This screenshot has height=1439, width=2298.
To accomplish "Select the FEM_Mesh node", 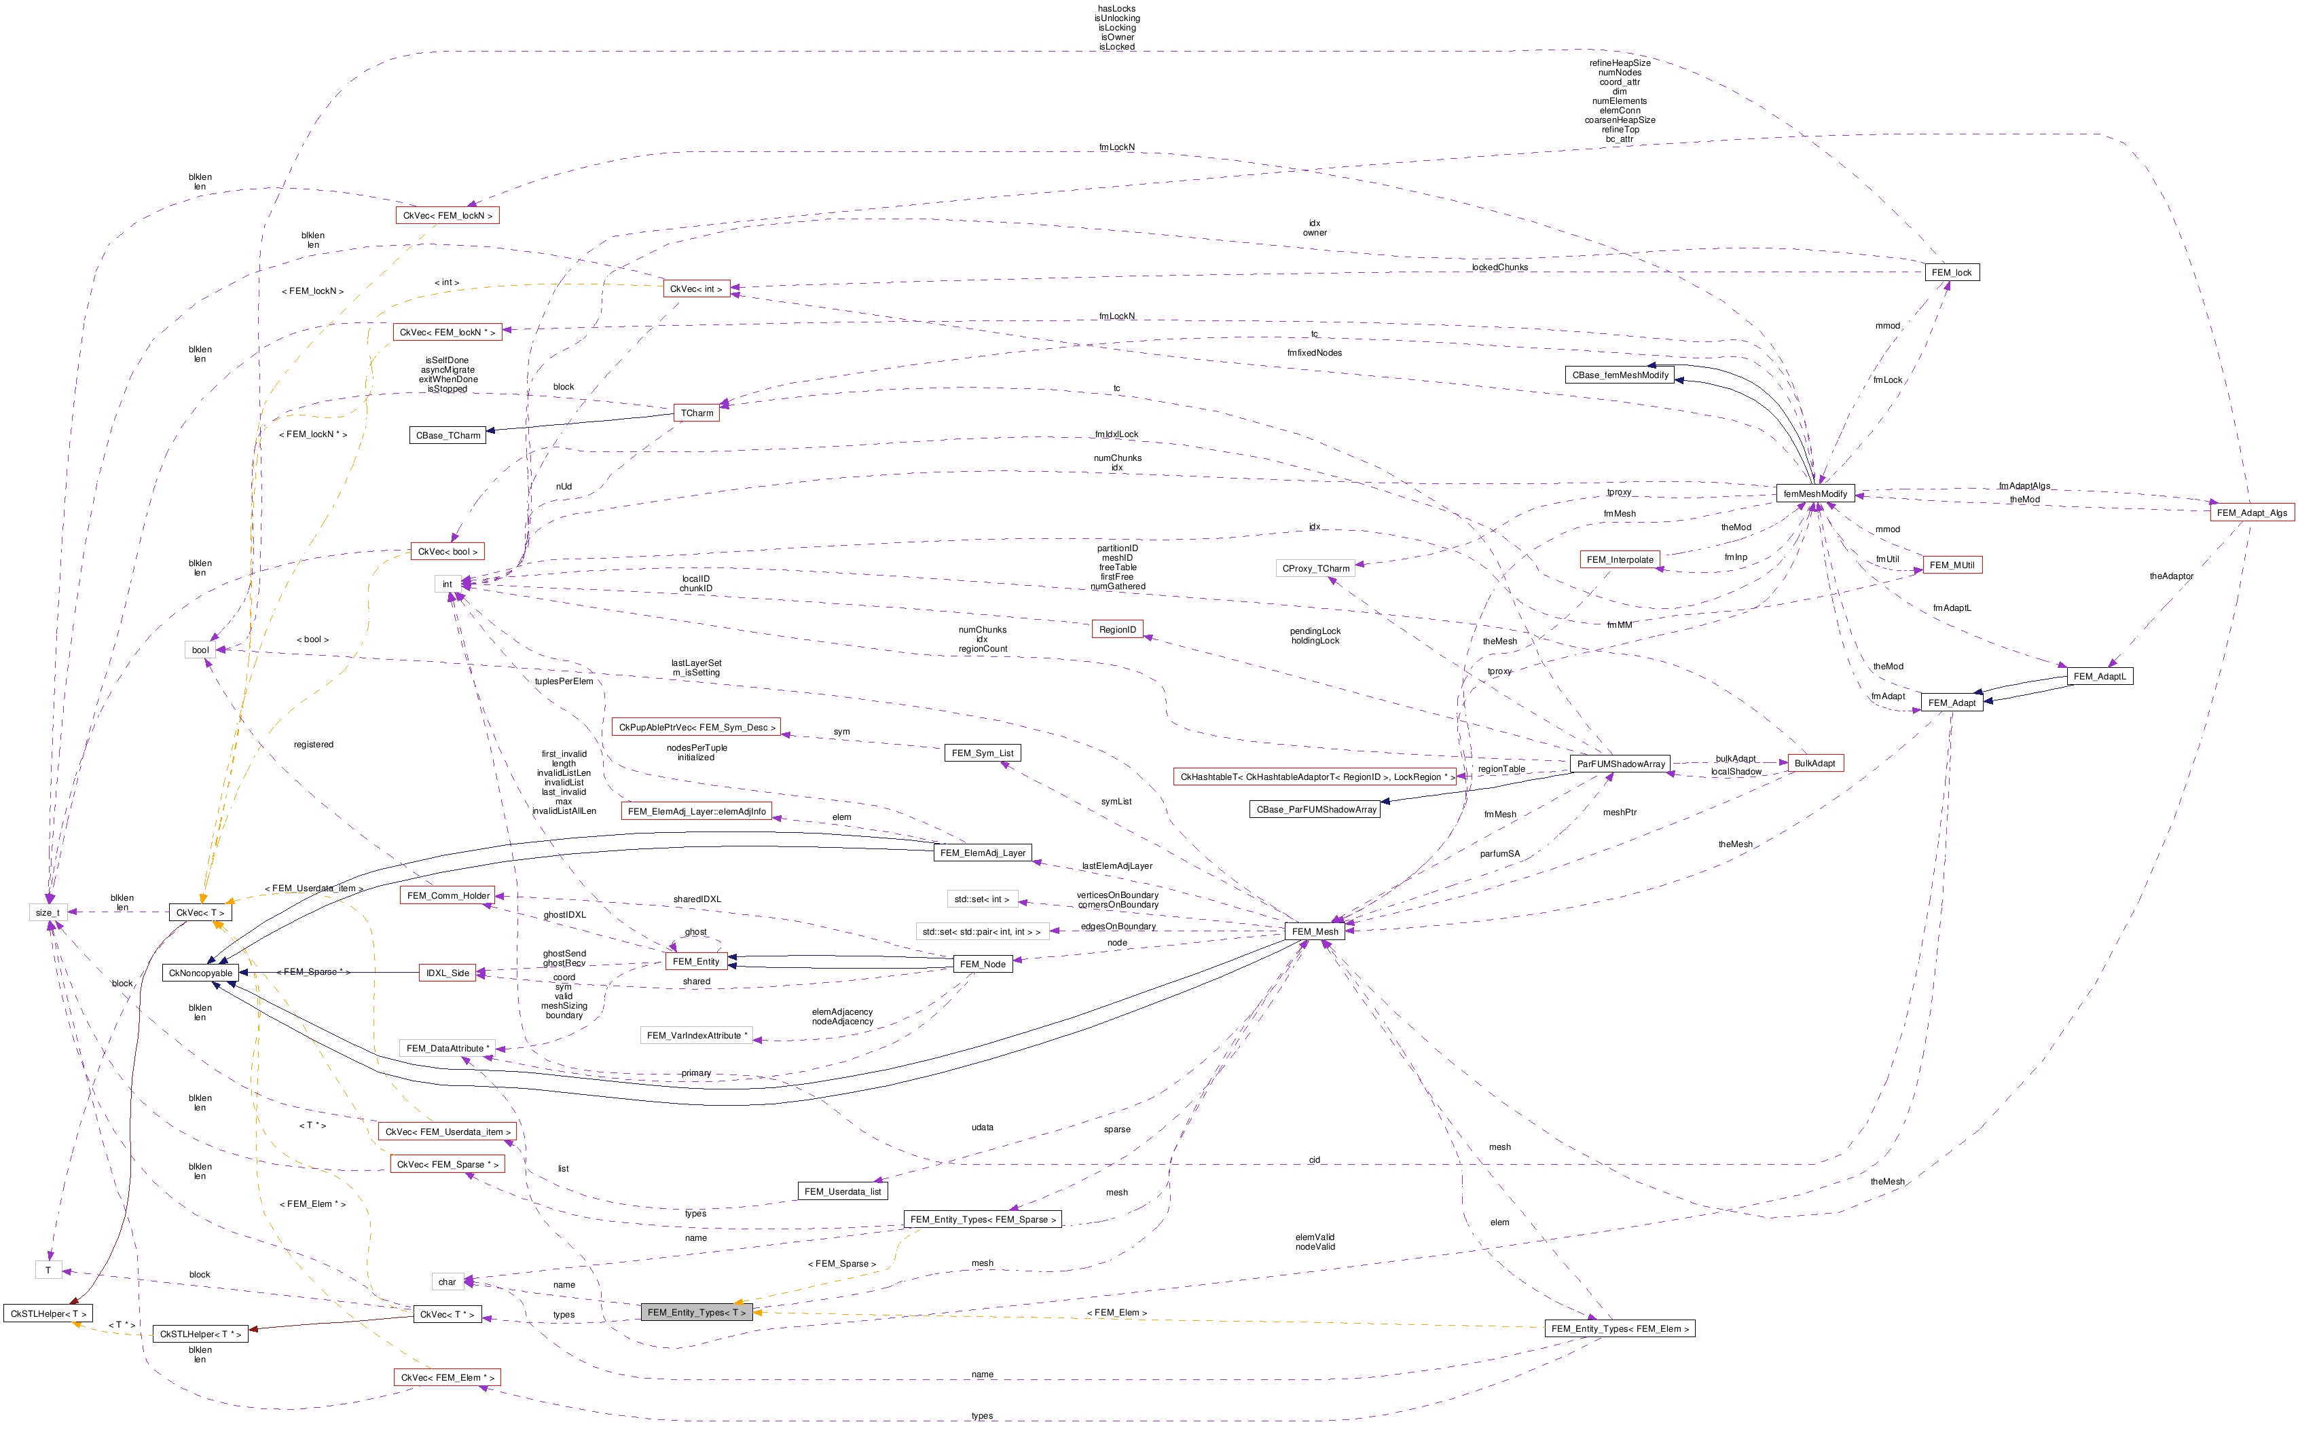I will pos(1315,932).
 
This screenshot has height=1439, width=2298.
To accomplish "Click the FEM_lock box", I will pos(1952,272).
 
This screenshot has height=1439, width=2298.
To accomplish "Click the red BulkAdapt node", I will pos(1814,763).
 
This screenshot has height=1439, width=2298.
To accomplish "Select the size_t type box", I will pos(48,913).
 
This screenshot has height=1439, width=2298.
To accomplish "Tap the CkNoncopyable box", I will pos(200,973).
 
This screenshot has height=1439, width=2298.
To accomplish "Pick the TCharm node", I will pos(697,413).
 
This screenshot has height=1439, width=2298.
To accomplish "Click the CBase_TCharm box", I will pos(448,435).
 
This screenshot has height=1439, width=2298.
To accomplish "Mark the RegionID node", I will pos(1116,630).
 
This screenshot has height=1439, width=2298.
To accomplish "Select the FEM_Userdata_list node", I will pos(843,1191).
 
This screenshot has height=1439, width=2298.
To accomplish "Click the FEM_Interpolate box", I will pos(1620,559).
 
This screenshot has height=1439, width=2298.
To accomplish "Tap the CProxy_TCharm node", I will pos(1315,568).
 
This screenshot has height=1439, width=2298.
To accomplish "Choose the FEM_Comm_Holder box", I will pos(448,895).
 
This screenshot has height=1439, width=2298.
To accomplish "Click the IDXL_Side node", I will pos(448,973).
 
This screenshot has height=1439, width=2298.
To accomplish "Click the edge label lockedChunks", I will pos(1499,267).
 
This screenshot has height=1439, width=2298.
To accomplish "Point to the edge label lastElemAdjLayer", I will pos(1116,866).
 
